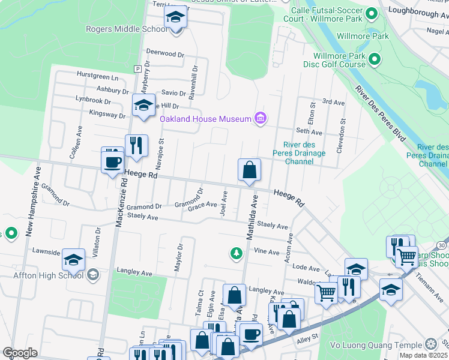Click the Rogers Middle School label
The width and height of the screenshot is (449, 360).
(x=126, y=28)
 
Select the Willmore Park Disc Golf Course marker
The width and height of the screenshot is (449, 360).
(x=375, y=58)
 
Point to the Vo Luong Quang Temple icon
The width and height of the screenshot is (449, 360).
(x=430, y=344)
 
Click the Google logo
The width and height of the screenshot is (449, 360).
(x=20, y=353)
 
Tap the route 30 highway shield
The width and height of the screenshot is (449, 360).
(x=442, y=245)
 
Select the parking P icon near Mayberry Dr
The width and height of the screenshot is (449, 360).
(x=137, y=68)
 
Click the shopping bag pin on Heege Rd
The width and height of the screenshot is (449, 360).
(x=249, y=170)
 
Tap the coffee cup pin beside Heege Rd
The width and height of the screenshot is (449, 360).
(x=113, y=162)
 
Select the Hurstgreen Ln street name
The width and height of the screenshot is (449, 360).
(x=98, y=77)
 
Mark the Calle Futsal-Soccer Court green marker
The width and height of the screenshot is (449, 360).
(x=372, y=13)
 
